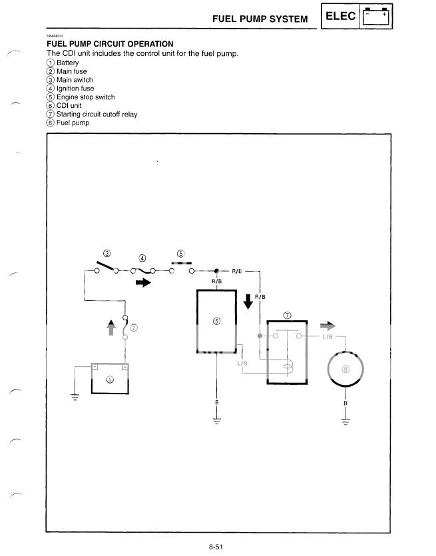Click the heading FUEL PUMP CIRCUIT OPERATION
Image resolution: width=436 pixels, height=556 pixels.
point(110,44)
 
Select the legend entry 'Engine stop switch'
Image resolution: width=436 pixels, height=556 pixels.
point(81,97)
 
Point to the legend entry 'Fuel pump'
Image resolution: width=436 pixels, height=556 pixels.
point(67,123)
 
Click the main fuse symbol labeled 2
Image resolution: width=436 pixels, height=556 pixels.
point(126,327)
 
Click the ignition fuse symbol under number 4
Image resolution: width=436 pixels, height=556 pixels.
point(143,271)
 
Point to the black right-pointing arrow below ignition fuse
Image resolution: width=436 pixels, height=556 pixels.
point(142,282)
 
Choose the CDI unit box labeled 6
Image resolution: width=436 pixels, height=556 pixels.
point(216,322)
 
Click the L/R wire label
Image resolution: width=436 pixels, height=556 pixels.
point(243,364)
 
